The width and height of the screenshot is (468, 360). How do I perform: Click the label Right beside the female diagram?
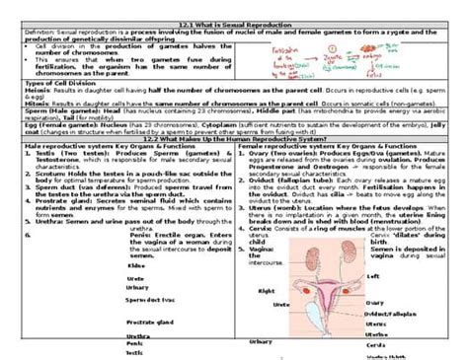pyautogui.click(x=267, y=291)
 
